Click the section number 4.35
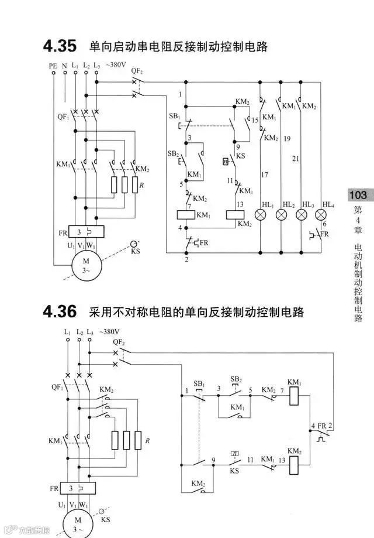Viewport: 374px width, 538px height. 60,45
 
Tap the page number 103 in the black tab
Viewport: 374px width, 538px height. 358,195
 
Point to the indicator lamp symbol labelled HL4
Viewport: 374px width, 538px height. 320,214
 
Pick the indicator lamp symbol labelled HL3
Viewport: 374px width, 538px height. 301,214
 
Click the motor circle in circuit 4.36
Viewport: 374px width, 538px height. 78,525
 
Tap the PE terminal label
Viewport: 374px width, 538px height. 53,67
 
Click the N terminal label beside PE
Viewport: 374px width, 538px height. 64,67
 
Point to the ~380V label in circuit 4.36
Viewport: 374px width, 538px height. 109,331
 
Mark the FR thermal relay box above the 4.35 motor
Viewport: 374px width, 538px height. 86,232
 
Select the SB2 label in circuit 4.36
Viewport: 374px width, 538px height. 236,379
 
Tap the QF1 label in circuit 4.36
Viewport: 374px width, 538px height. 57,387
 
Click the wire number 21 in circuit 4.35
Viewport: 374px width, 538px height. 296,159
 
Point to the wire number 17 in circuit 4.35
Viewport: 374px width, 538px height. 264,175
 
